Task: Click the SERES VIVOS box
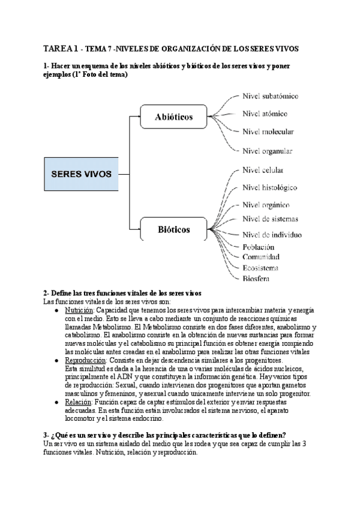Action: point(82,174)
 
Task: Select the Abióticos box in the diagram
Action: point(173,117)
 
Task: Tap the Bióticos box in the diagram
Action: point(173,229)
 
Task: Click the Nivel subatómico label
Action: point(270,96)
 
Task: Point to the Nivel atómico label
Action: point(265,113)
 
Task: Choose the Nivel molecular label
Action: point(268,131)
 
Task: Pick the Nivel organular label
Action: point(267,151)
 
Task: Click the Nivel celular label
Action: point(263,170)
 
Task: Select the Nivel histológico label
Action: point(269,187)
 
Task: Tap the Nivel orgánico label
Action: point(266,205)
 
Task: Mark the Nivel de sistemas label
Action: point(270,218)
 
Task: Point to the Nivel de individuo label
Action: point(272,235)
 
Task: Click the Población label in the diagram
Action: point(259,247)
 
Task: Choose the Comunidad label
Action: point(261,257)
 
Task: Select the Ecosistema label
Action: point(260,268)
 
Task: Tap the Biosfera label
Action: point(256,279)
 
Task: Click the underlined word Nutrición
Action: point(79,310)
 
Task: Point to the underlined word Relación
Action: point(79,402)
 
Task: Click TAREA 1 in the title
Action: point(61,48)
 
